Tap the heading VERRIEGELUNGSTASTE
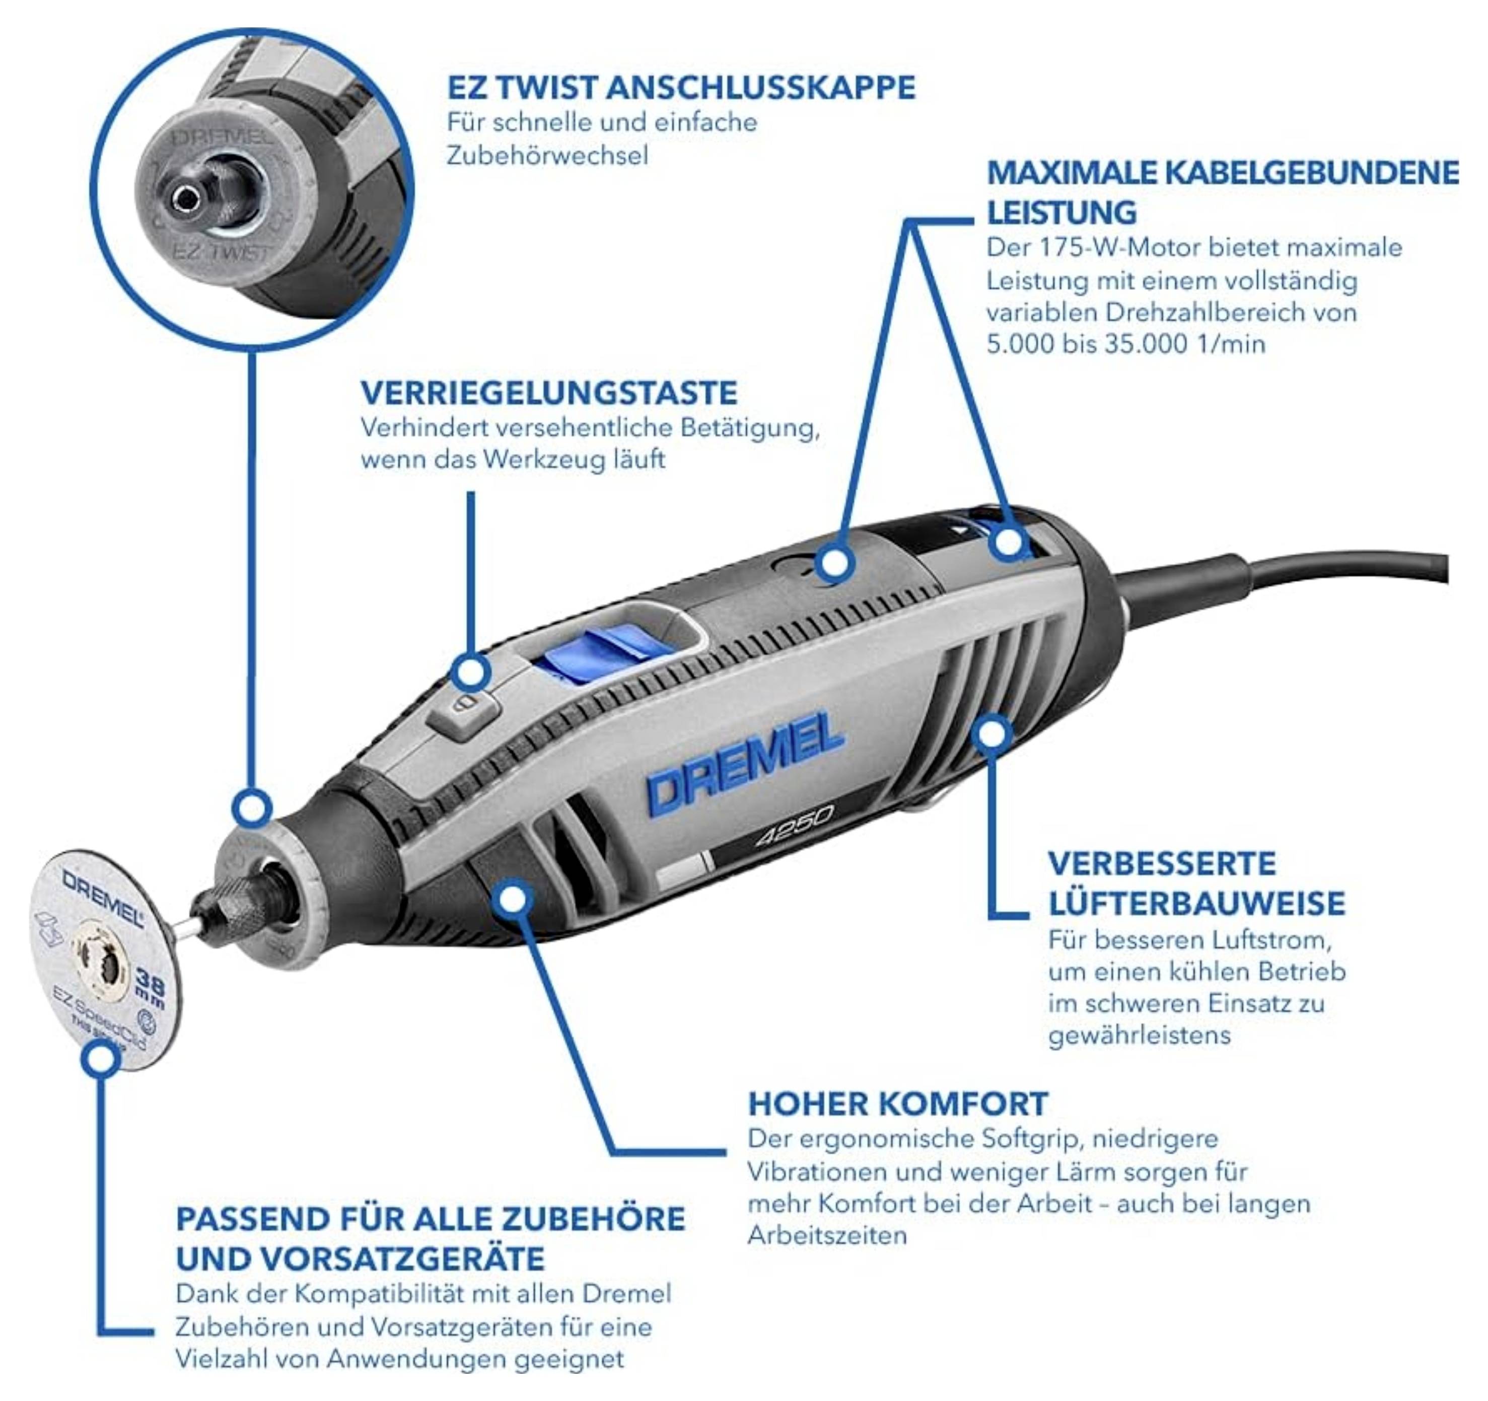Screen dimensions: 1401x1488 [x=549, y=393]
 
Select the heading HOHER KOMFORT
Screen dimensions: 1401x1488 [x=897, y=1103]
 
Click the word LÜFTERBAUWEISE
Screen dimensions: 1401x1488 [x=1196, y=903]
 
